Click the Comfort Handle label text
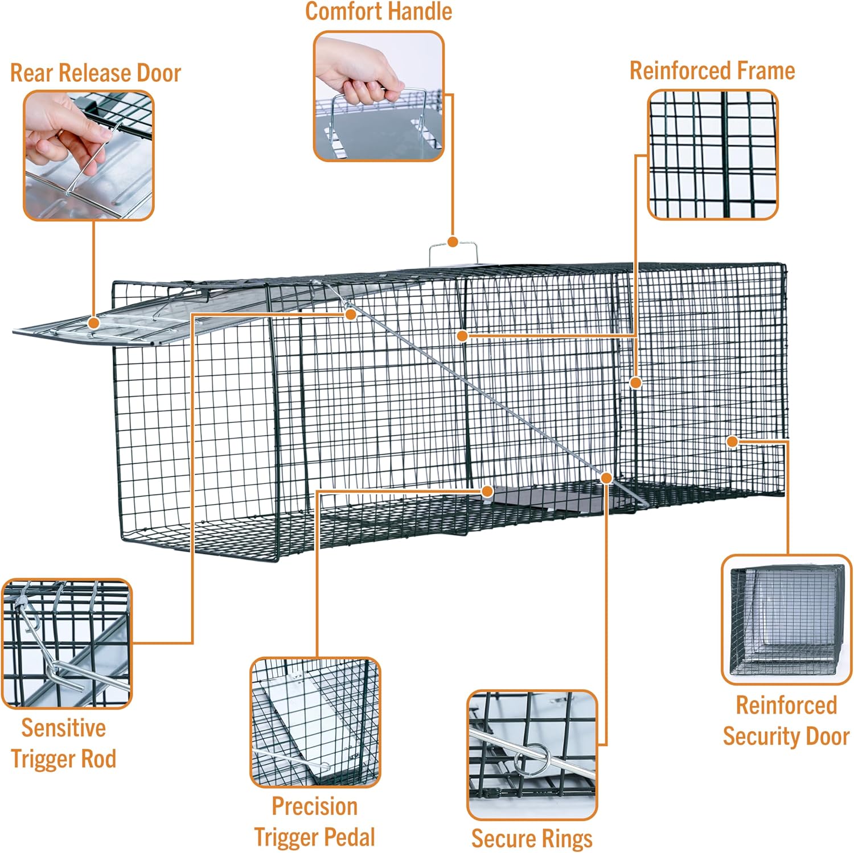[379, 11]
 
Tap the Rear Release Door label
[96, 73]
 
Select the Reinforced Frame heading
[712, 71]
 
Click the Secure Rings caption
[532, 838]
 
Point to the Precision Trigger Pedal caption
[314, 822]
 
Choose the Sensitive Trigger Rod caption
[64, 743]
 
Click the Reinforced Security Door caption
[786, 720]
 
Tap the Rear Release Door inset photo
[89, 155]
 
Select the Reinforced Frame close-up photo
[713, 155]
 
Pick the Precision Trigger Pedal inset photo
[315, 722]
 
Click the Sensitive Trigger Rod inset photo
[67, 644]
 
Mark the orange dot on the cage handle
[453, 242]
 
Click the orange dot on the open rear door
[94, 323]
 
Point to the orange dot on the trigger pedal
[487, 491]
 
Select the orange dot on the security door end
[733, 441]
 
